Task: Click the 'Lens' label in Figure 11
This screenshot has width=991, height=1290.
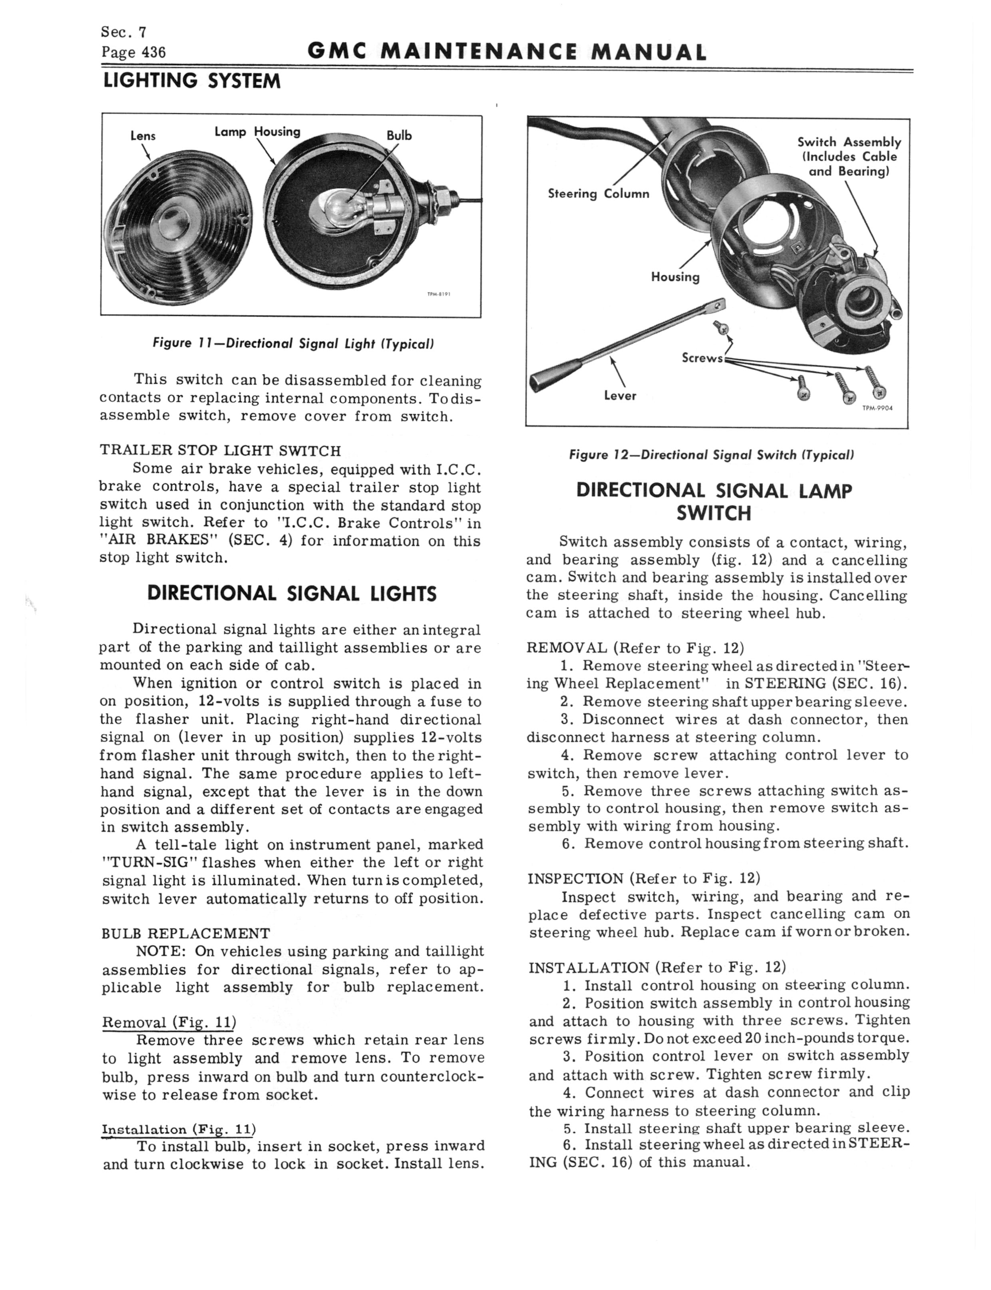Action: [x=143, y=135]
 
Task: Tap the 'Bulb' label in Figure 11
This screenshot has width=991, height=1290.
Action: [x=399, y=135]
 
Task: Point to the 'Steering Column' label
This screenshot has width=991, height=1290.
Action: [x=598, y=193]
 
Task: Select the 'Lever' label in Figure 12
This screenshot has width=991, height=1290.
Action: [x=619, y=396]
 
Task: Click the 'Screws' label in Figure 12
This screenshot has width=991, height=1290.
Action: [x=702, y=358]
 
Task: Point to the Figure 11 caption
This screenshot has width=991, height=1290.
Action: [x=293, y=343]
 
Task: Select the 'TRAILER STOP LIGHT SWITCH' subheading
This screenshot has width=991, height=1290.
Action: [x=220, y=450]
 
